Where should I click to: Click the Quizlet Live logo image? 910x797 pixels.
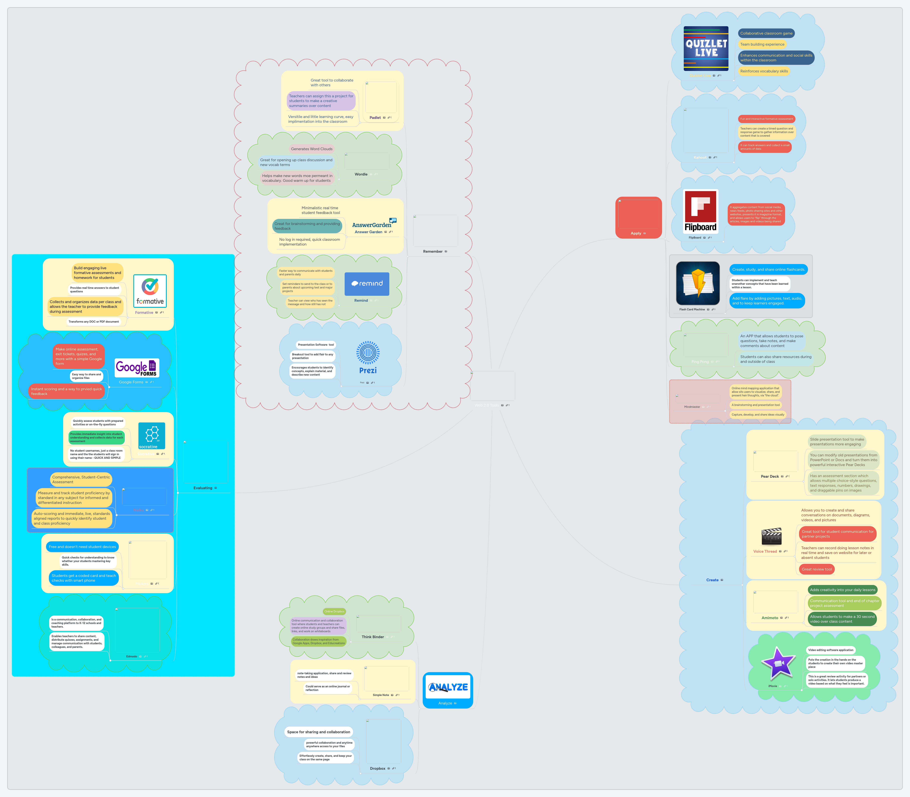[x=706, y=48]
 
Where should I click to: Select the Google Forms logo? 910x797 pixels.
[x=136, y=368]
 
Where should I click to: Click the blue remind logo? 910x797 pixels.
[x=367, y=284]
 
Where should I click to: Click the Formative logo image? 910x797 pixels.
[x=150, y=291]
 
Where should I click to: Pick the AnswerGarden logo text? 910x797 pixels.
[x=372, y=225]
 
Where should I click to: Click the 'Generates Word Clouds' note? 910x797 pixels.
[x=312, y=149]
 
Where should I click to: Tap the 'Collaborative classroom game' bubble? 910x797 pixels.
[x=766, y=33]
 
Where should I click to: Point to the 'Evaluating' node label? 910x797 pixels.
[x=203, y=488]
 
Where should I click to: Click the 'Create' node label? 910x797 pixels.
[x=712, y=580]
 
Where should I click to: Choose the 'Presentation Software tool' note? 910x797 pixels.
[x=316, y=345]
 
